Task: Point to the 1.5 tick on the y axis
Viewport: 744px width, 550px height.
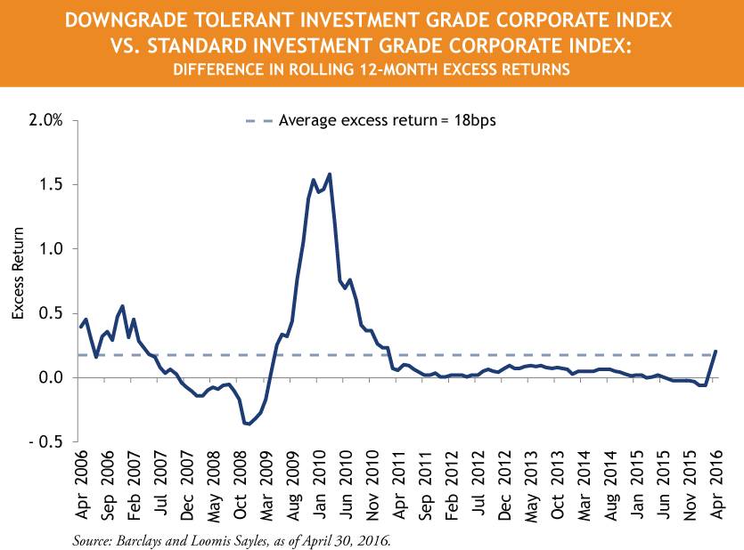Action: click(x=52, y=184)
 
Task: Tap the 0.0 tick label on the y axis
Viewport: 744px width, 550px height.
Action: click(x=52, y=377)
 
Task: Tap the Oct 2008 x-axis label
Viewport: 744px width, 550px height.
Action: click(x=241, y=481)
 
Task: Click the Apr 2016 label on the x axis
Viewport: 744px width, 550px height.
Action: click(x=716, y=481)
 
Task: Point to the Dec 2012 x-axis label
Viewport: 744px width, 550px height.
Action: click(x=505, y=481)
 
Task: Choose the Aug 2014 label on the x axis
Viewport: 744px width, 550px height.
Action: click(x=611, y=481)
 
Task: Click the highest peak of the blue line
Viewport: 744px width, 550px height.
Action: click(x=330, y=174)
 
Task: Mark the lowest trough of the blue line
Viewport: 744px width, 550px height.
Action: click(x=249, y=425)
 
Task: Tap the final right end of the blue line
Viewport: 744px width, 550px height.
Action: click(x=716, y=351)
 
